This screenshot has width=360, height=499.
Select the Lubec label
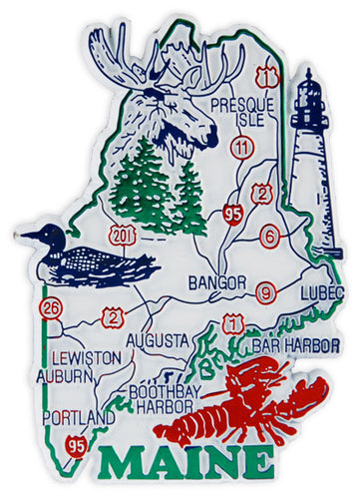321,291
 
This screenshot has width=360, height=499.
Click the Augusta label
154,340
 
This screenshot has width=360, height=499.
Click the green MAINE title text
186,466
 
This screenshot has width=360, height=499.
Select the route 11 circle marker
239,149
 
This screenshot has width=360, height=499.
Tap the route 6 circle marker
269,236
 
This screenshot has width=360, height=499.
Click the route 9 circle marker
264,292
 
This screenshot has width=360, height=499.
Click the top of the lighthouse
310,75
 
